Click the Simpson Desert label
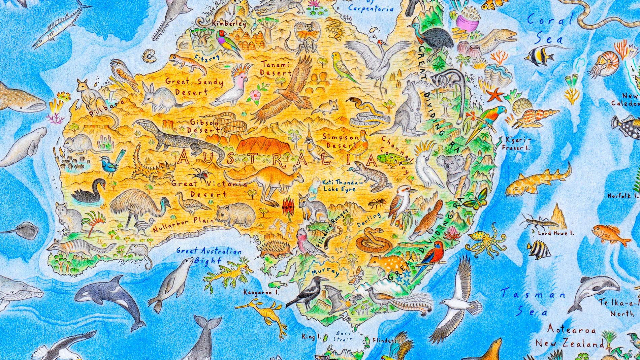[x=337, y=141]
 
